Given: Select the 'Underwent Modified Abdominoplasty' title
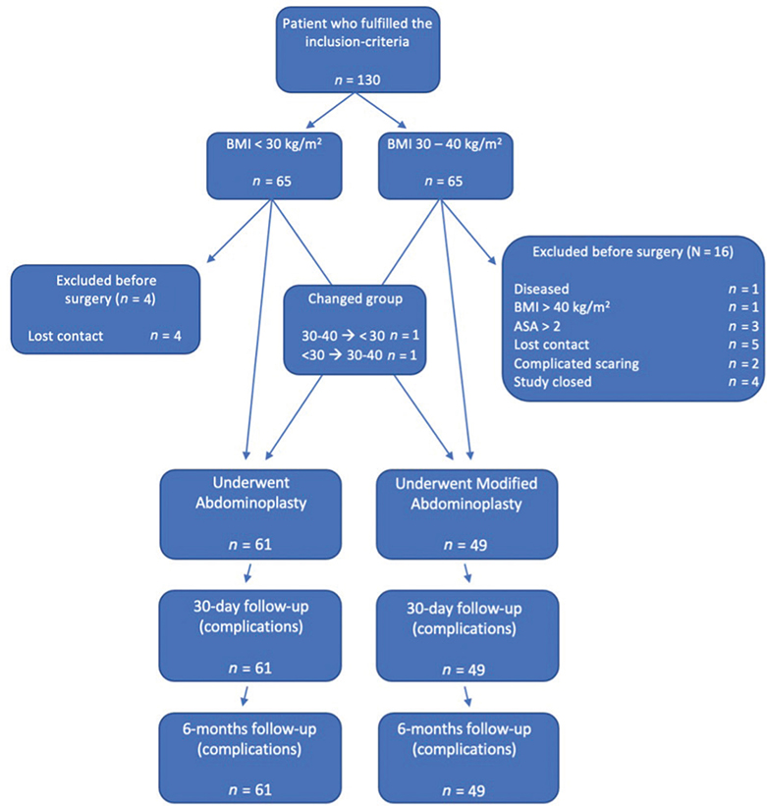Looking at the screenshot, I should click(x=465, y=493).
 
